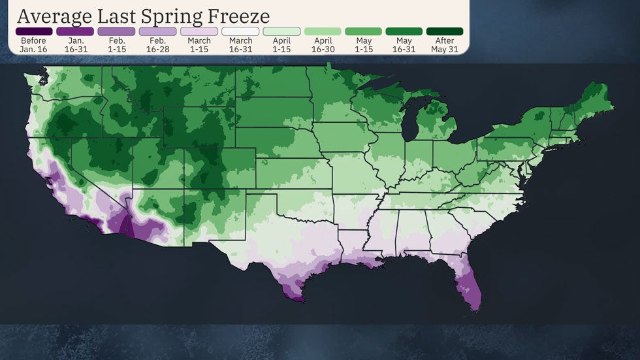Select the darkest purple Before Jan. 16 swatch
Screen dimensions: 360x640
(34, 31)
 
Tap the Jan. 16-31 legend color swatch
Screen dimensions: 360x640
(75, 31)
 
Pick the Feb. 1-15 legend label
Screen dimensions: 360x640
(116, 44)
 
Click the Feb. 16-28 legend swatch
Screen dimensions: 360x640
(157, 31)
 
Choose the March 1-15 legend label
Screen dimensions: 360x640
(199, 44)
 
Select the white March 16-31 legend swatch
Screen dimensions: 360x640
(240, 31)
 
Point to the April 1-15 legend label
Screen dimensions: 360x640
(281, 44)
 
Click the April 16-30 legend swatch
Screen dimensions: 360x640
(322, 31)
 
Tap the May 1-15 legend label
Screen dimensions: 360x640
(363, 44)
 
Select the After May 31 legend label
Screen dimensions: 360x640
(445, 44)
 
